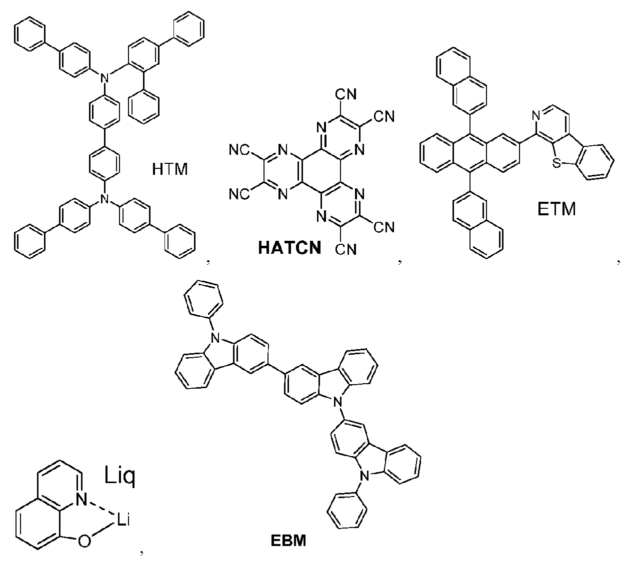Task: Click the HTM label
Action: pyautogui.click(x=169, y=169)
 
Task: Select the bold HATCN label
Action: pyautogui.click(x=289, y=247)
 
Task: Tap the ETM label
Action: pyautogui.click(x=556, y=209)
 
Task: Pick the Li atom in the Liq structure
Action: pyautogui.click(x=122, y=519)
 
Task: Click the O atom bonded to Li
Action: pyautogui.click(x=84, y=542)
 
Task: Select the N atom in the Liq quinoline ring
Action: pyautogui.click(x=82, y=500)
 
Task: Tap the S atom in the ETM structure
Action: pyautogui.click(x=556, y=163)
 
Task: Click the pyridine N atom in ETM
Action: pyautogui.click(x=536, y=116)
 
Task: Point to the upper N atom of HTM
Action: pyautogui.click(x=105, y=77)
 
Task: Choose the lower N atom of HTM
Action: pyautogui.click(x=105, y=198)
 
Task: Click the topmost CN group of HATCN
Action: pyautogui.click(x=346, y=94)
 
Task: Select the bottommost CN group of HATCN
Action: pyautogui.click(x=346, y=249)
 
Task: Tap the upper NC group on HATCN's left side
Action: pyautogui.click(x=239, y=150)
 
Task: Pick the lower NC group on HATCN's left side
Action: pyautogui.click(x=239, y=194)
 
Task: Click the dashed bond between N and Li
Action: pyautogui.click(x=101, y=510)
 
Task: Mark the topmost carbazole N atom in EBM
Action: pyautogui.click(x=216, y=339)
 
